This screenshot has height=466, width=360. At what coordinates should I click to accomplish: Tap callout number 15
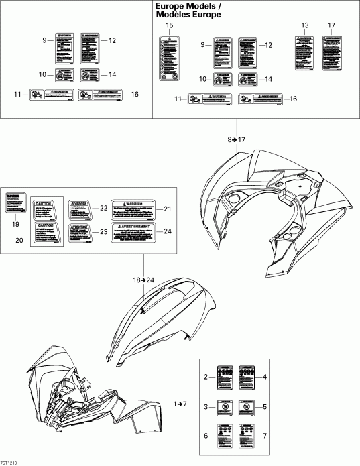click(169, 25)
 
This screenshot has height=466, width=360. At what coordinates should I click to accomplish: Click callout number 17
click(331, 25)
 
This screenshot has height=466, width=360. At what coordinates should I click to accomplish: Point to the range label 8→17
click(237, 139)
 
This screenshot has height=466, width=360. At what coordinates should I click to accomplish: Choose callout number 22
click(104, 208)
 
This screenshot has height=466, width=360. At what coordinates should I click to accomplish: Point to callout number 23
click(104, 231)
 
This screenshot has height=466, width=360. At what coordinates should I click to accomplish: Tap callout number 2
click(207, 378)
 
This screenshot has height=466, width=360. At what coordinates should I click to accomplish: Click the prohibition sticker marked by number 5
click(247, 406)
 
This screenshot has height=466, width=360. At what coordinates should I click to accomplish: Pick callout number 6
click(207, 435)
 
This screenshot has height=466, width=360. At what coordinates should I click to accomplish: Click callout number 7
click(265, 435)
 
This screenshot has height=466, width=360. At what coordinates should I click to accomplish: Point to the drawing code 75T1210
click(10, 462)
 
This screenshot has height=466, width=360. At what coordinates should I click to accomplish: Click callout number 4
click(265, 378)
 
